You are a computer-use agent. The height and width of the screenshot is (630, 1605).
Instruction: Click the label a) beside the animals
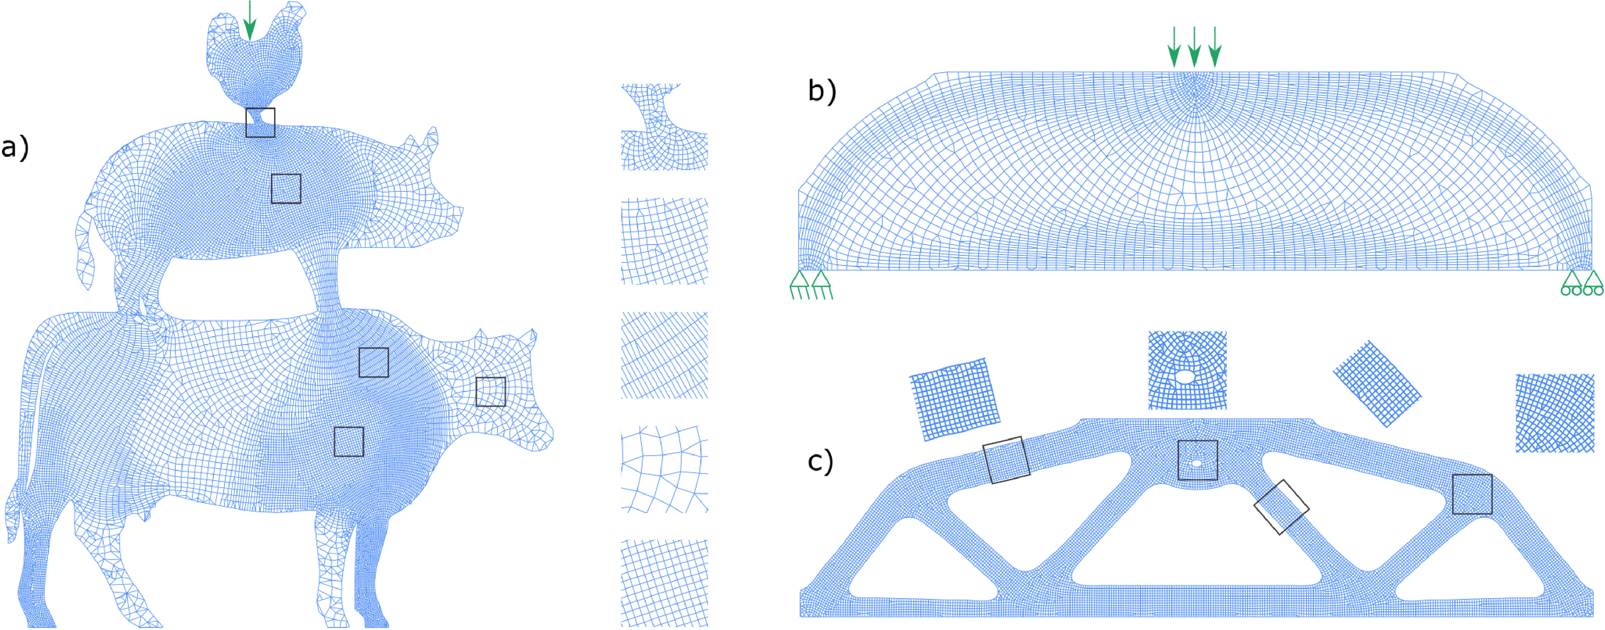point(15,148)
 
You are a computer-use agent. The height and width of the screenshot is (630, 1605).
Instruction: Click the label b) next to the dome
point(822,91)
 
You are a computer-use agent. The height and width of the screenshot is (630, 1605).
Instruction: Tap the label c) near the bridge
point(820,461)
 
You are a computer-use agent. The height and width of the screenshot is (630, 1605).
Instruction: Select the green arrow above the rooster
point(250,20)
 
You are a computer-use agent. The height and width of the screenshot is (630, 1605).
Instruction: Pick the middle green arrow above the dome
point(1194,47)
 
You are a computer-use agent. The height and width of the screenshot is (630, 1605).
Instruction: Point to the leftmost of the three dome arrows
point(1174,47)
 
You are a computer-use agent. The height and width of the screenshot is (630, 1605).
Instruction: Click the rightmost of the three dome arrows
point(1214,47)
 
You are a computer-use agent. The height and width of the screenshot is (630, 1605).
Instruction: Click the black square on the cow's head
point(490,392)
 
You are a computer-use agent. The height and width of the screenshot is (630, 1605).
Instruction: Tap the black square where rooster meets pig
point(260,123)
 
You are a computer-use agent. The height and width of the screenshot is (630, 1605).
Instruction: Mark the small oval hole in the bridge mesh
point(1196,463)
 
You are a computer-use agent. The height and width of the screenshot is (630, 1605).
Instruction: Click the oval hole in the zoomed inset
point(1185,377)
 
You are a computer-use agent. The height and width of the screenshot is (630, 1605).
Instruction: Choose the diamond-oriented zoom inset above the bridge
point(1377,384)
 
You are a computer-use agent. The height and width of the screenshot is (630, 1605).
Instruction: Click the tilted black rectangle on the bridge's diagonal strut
point(1281,507)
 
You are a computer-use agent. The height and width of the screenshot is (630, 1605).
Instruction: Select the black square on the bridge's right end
point(1472,494)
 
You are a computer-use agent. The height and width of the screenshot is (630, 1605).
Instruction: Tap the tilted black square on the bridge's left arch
point(1006,460)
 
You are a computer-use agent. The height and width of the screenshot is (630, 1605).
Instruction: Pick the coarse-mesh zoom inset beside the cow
point(664,469)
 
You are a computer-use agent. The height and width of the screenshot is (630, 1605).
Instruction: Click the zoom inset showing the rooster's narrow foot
point(664,127)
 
